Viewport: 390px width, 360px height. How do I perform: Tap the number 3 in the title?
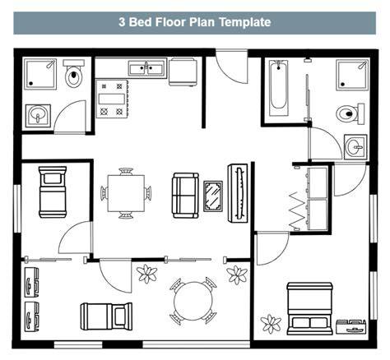pyautogui.click(x=122, y=22)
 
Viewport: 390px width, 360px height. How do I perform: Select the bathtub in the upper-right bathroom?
pyautogui.click(x=279, y=88)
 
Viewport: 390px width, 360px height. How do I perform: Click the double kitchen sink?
pyautogui.click(x=147, y=68)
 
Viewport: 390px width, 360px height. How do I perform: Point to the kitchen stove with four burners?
pyautogui.click(x=112, y=99)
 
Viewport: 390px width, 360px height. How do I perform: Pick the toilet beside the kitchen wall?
pyautogui.click(x=74, y=73)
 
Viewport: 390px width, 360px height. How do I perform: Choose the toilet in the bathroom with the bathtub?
pyautogui.click(x=351, y=113)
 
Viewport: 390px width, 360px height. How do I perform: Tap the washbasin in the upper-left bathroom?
pyautogui.click(x=38, y=116)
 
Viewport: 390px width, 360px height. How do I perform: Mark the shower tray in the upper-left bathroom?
pyautogui.click(x=40, y=74)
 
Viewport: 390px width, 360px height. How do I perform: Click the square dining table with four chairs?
pyautogui.click(x=126, y=193)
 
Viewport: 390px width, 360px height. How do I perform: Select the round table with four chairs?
pyautogui.click(x=193, y=301)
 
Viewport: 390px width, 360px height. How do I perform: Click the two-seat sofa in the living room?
pyautogui.click(x=185, y=196)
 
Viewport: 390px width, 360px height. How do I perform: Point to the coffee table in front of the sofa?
pyautogui.click(x=213, y=196)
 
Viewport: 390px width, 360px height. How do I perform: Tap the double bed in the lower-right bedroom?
pyautogui.click(x=310, y=309)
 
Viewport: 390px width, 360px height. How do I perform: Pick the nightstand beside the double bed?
pyautogui.click(x=351, y=326)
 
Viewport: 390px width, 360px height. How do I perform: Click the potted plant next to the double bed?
pyautogui.click(x=271, y=324)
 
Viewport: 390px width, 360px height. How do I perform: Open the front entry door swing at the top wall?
pyautogui.click(x=232, y=67)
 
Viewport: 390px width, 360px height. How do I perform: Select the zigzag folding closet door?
pyautogui.click(x=298, y=210)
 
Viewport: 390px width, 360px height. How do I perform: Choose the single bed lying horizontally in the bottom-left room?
pyautogui.click(x=106, y=316)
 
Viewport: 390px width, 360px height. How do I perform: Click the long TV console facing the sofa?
pyautogui.click(x=238, y=193)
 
